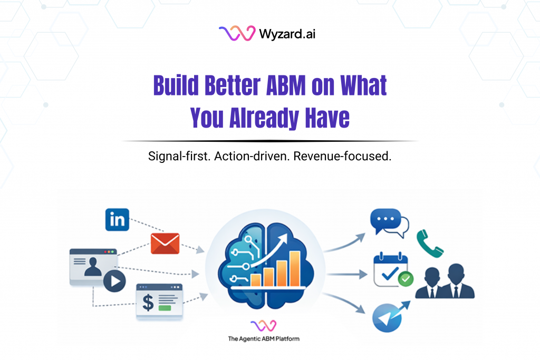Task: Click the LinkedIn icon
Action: [117, 219]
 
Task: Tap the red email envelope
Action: [165, 243]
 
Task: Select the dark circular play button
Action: [114, 283]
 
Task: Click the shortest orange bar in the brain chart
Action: [257, 279]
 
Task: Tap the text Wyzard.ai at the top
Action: [287, 34]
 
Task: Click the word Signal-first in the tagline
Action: [179, 157]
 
